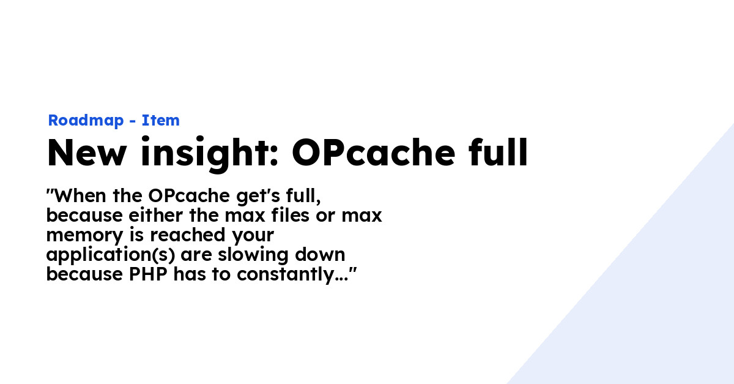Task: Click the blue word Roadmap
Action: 86,121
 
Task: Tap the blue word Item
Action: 160,120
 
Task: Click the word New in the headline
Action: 86,152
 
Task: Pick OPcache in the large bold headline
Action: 374,152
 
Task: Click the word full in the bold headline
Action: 498,152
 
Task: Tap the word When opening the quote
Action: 80,195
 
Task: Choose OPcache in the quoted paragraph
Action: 189,196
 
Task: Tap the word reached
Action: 187,235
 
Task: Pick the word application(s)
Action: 111,255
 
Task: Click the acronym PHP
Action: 148,274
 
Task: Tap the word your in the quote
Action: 253,236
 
